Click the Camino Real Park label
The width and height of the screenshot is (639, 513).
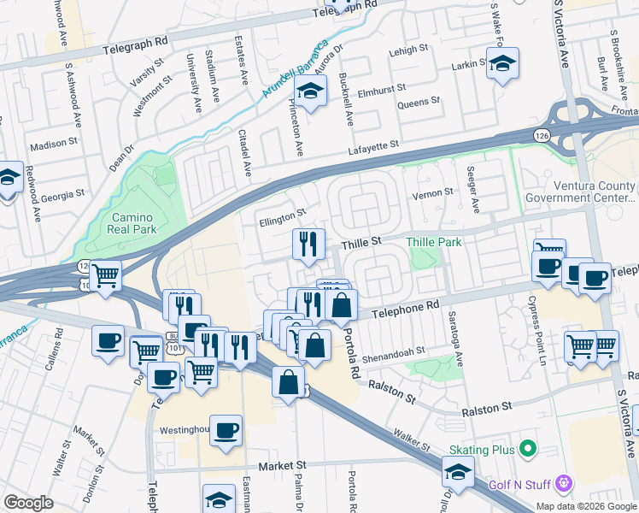pyautogui.click(x=133, y=224)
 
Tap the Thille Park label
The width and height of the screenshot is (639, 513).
pyautogui.click(x=434, y=243)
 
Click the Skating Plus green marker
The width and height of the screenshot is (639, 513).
pyautogui.click(x=528, y=448)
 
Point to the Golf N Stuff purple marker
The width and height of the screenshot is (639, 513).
pyautogui.click(x=563, y=485)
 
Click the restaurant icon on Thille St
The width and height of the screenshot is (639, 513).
pyautogui.click(x=308, y=245)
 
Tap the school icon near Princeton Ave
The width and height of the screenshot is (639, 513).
pyautogui.click(x=311, y=90)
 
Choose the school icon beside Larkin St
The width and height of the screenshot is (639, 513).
pyautogui.click(x=502, y=62)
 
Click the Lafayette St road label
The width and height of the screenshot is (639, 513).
pyautogui.click(x=372, y=149)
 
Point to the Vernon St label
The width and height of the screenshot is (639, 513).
pyautogui.click(x=432, y=193)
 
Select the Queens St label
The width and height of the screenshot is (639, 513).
pyautogui.click(x=419, y=101)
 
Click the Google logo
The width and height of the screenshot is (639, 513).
pyautogui.click(x=29, y=503)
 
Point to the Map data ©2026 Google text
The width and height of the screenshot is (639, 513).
pyautogui.click(x=585, y=506)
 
